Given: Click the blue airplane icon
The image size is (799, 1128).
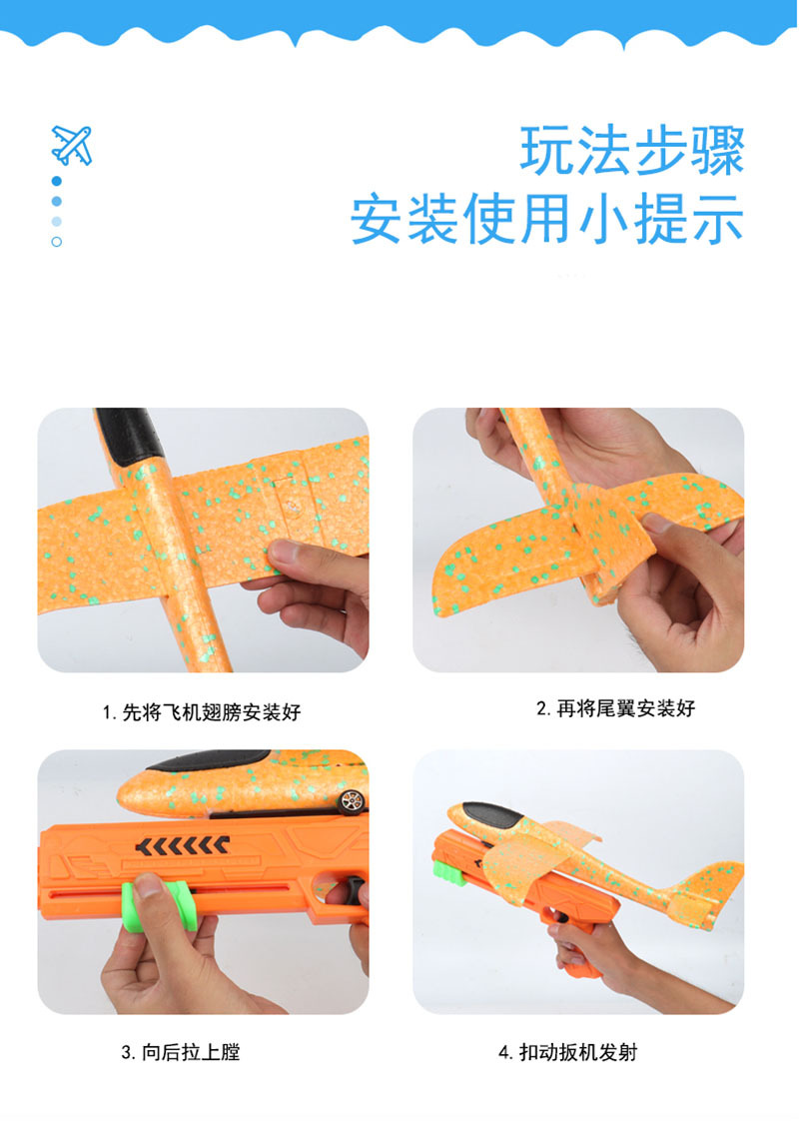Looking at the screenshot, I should [71, 145].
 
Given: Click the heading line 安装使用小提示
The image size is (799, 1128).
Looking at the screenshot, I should [547, 220].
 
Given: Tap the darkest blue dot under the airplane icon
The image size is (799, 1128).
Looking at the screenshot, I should [57, 181].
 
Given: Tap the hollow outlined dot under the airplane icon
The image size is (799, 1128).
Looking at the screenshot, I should [57, 242].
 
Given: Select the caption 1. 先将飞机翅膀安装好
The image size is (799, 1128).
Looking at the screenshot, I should [201, 712].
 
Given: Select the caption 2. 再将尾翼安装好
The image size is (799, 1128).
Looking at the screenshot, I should [615, 708].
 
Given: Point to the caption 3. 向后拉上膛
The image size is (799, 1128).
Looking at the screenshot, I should [181, 1052].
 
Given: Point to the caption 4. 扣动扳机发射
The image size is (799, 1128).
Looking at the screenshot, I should [567, 1052].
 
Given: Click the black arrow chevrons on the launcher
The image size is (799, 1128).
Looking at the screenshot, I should [181, 847].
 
